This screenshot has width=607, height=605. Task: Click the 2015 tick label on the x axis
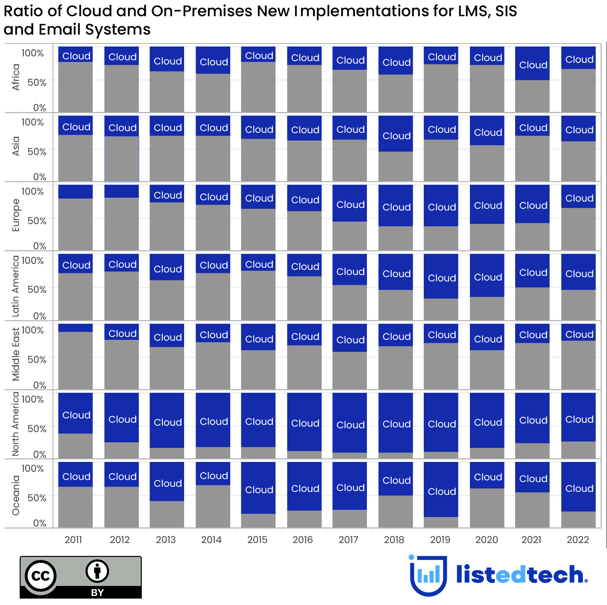(257, 540)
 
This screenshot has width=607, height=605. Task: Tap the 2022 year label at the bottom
(578, 540)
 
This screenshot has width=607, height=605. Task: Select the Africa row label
(16, 77)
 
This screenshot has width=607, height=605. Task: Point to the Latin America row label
(16, 286)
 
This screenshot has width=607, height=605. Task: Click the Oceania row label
(16, 495)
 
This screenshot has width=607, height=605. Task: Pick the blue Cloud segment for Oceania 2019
(441, 489)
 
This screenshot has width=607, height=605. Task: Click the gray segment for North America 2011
(75, 446)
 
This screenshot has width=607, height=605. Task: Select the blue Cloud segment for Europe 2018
(396, 205)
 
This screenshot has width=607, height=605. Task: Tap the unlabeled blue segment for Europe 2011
(75, 192)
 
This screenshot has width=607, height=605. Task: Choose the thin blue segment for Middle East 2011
(75, 328)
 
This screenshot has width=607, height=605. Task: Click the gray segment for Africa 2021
(532, 96)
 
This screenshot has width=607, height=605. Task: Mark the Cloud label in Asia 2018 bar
(396, 136)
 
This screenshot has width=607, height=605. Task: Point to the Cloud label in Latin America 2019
(442, 278)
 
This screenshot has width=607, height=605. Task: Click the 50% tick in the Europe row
(37, 221)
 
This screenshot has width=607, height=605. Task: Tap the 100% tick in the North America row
(33, 399)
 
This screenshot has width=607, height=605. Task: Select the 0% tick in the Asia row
(40, 177)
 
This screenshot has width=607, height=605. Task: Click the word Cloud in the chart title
(90, 11)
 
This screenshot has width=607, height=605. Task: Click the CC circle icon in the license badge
(41, 576)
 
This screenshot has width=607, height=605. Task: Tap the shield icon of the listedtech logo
(428, 575)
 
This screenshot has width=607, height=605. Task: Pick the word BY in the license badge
(97, 592)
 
